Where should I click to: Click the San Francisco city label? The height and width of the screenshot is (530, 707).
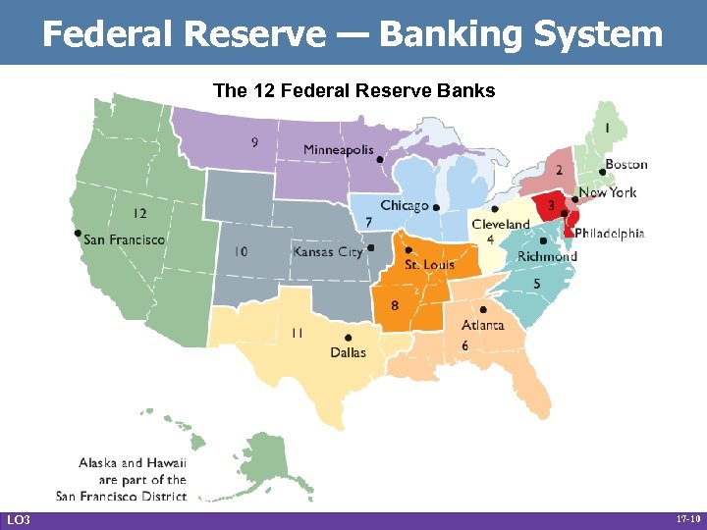125,238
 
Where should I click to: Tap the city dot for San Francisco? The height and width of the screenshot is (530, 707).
78,233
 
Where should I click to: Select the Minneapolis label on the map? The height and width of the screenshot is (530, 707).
338,150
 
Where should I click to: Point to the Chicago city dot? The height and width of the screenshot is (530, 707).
436,208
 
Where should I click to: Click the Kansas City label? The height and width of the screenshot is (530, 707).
328,252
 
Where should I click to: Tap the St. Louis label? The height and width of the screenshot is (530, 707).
428,265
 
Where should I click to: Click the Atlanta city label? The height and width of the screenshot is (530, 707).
482,325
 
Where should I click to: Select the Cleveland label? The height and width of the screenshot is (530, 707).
501,225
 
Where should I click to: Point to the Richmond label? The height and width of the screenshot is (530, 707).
547,257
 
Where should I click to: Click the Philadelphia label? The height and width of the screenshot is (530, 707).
609,234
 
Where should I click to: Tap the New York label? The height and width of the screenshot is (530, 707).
608,193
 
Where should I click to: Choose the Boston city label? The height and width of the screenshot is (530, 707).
625,164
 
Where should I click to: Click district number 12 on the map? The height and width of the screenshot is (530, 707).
140,213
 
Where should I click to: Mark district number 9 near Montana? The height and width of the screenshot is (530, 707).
255,143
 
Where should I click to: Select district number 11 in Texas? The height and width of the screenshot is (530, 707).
296,334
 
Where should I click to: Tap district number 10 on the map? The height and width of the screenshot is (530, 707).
242,252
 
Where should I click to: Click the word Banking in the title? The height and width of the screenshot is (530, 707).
447,34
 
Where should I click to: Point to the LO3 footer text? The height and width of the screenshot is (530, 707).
18,519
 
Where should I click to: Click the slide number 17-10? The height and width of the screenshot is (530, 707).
687,519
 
